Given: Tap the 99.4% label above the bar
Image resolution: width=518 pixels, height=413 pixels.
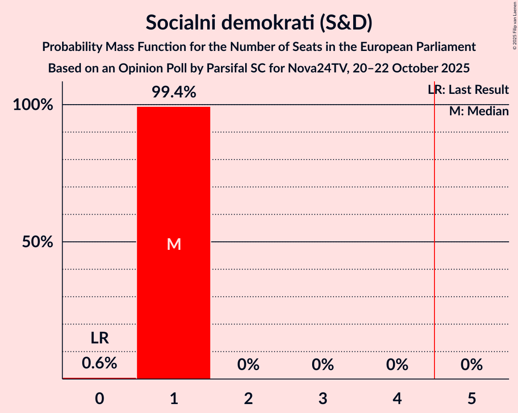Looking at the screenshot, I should coord(174,93).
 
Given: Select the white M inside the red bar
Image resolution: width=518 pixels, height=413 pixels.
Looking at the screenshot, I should coord(174,244).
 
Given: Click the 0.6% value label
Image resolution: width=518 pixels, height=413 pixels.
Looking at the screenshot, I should coord(100,363).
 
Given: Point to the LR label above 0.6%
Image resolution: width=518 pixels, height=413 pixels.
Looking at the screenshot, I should coord(100,338).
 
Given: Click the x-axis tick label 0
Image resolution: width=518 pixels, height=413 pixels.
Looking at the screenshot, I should coord(100,398).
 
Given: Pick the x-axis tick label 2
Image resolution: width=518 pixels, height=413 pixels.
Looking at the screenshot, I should coord(248,398).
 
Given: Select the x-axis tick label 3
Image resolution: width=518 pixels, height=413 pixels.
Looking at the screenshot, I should coord(323,398).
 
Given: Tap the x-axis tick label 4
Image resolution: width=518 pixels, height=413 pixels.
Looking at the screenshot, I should coord(397,398).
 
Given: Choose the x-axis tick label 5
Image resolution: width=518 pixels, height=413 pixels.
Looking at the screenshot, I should coord(472,398).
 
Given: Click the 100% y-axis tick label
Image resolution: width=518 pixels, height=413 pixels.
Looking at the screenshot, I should coord(34,105).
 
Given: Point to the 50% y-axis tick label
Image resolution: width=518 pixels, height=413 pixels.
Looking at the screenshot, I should coord(38,242).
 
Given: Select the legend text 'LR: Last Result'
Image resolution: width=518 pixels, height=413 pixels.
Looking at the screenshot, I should coord(468,90).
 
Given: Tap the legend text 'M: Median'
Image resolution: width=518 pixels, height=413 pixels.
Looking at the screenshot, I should coord(479,111).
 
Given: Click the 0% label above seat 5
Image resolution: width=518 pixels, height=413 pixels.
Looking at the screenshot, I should coord(472,365).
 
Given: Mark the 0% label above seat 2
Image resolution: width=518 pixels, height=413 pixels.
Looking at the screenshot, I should coord(248,365).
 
